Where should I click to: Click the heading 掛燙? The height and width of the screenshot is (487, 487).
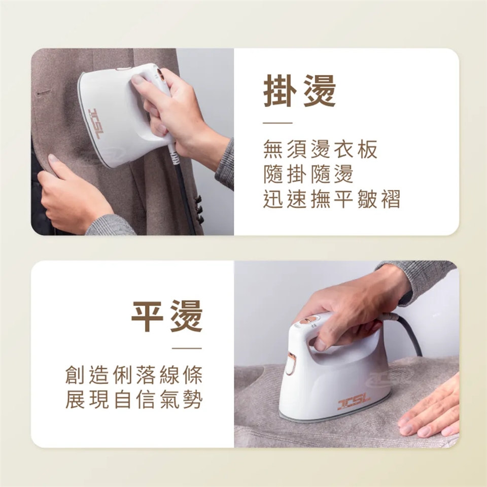[299, 91]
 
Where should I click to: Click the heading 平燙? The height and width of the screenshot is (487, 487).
[167, 316]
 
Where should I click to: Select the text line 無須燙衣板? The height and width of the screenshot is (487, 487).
[320, 149]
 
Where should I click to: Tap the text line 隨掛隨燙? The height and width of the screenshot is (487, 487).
[308, 174]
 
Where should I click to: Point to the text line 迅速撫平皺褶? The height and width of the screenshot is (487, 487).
[332, 199]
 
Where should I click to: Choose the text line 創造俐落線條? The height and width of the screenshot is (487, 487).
[134, 375]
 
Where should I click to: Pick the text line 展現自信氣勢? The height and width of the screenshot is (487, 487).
[134, 399]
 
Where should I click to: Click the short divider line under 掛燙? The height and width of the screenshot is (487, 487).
[277, 123]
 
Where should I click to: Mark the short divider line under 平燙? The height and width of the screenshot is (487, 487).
[187, 348]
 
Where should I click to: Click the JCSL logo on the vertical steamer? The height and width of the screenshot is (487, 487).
[94, 123]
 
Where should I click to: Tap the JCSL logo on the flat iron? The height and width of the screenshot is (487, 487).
[354, 402]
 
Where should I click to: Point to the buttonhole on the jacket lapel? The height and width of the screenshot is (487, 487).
[44, 92]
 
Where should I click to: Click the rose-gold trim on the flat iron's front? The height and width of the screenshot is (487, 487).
[291, 363]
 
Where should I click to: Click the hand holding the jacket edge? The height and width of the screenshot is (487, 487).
[75, 196]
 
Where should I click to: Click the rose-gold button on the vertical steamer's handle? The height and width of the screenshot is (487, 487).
[161, 75]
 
